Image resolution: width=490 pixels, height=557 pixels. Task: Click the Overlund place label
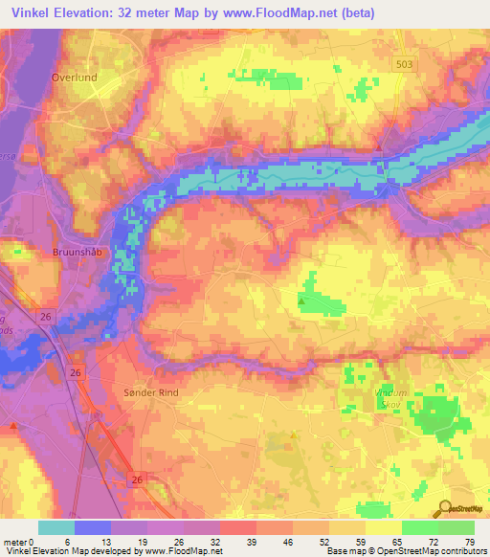click(77, 76)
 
